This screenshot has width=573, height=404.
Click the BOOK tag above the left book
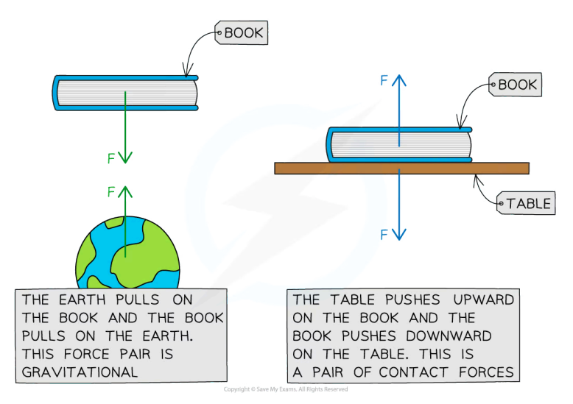(x=243, y=32)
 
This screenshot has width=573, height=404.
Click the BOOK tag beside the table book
(x=517, y=85)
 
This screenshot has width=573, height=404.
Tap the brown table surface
(x=401, y=168)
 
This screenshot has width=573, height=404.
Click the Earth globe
(x=127, y=254)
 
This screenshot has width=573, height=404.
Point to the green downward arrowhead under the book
(x=126, y=157)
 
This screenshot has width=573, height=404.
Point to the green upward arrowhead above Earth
(x=126, y=191)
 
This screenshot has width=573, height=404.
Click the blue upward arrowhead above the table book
(x=398, y=79)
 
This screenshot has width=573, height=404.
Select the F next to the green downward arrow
(x=111, y=157)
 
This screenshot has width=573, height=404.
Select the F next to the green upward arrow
(x=111, y=192)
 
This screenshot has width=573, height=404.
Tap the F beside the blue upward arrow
(x=384, y=81)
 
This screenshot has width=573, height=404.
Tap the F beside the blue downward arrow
(x=384, y=235)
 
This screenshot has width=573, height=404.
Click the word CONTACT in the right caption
(x=415, y=372)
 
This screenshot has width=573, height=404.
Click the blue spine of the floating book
(x=56, y=93)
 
